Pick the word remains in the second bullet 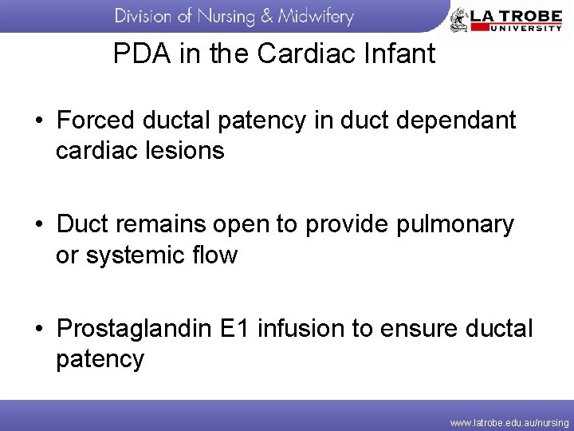pyautogui.click(x=164, y=225)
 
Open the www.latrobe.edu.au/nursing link pyautogui.click(x=509, y=421)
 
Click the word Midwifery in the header pyautogui.click(x=316, y=15)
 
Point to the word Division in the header pyautogui.click(x=144, y=15)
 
